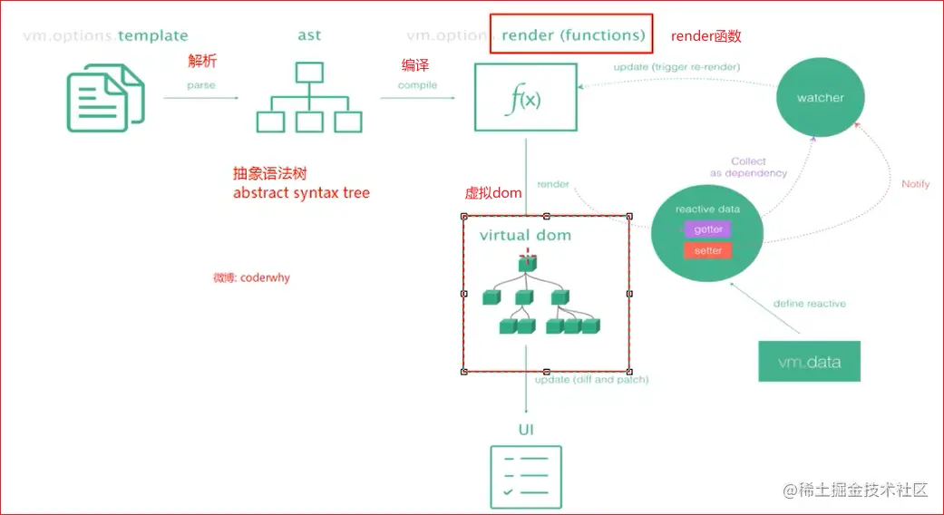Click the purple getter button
[x=708, y=229]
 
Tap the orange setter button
[x=708, y=249]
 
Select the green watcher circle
[x=820, y=97]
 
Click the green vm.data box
[x=809, y=362]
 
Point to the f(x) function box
[x=525, y=97]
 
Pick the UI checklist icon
[x=526, y=476]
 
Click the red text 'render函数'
[x=706, y=36]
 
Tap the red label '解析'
[x=202, y=61]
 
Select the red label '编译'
[x=415, y=65]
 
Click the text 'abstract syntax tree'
[x=301, y=192]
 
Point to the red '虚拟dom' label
[x=493, y=192]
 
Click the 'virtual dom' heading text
[x=525, y=235]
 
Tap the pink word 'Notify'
[x=915, y=184]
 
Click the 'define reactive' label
[x=809, y=304]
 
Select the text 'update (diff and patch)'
[x=591, y=380]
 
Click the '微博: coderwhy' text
[x=251, y=277]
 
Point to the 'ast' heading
[x=308, y=36]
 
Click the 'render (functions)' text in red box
[x=573, y=36]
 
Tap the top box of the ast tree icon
[x=309, y=72]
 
